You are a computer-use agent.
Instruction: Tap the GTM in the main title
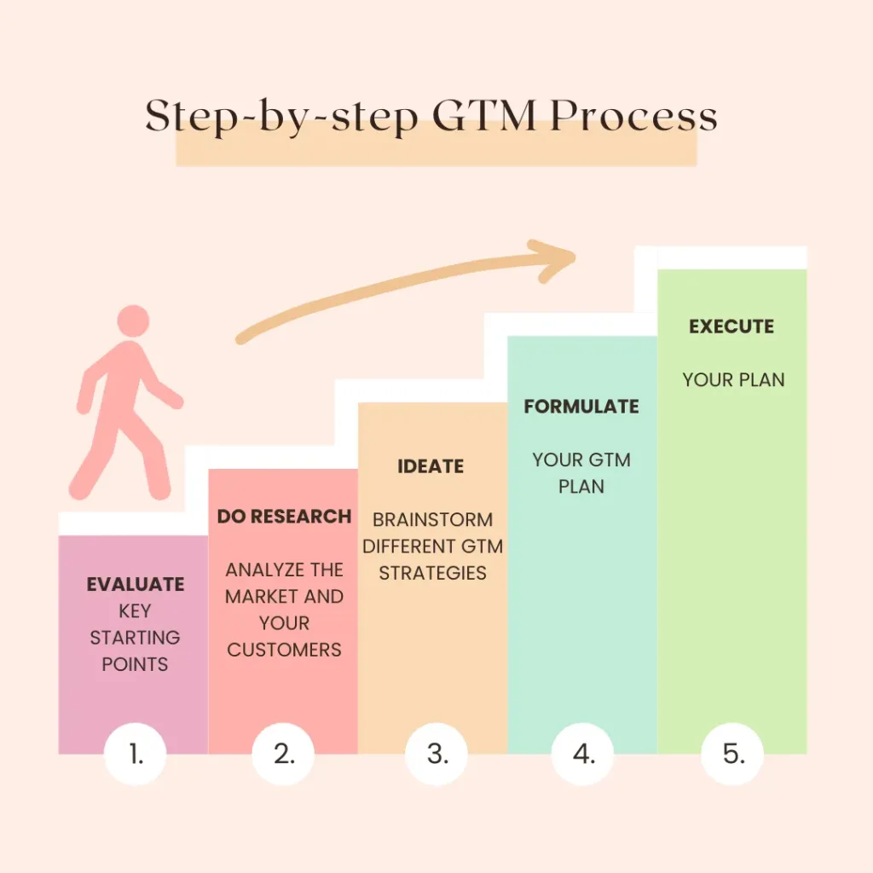(x=481, y=118)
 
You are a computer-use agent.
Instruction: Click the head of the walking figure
(x=133, y=322)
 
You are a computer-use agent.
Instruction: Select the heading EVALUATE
(x=135, y=585)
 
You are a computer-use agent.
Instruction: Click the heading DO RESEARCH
(x=284, y=517)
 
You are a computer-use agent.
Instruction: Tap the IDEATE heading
(x=431, y=466)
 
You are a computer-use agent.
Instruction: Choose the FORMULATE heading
(x=581, y=407)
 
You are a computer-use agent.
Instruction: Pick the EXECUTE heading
(x=731, y=327)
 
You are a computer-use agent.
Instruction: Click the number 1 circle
(x=135, y=754)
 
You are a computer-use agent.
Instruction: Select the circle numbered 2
(x=284, y=754)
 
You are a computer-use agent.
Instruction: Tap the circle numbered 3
(x=436, y=754)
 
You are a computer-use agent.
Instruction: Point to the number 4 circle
(x=583, y=754)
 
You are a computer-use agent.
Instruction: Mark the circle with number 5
(x=732, y=754)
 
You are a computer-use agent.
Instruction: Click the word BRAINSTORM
(x=432, y=519)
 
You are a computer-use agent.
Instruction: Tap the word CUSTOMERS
(x=284, y=650)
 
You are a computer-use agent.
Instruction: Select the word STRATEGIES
(x=432, y=573)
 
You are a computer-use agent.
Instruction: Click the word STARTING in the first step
(x=135, y=638)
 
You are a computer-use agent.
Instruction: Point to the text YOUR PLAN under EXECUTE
(x=733, y=380)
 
